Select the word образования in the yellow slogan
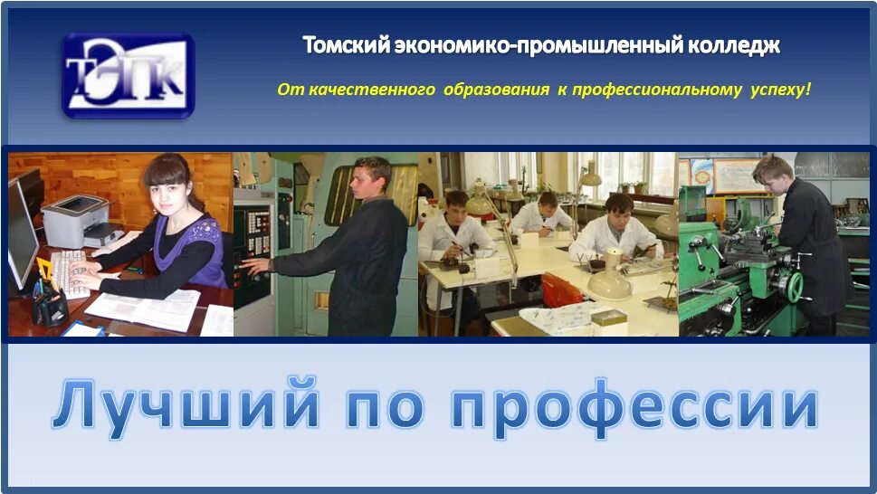(496, 90)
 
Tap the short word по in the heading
(385, 407)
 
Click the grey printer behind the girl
(76, 221)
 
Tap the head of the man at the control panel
(372, 176)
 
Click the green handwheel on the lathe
(795, 288)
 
